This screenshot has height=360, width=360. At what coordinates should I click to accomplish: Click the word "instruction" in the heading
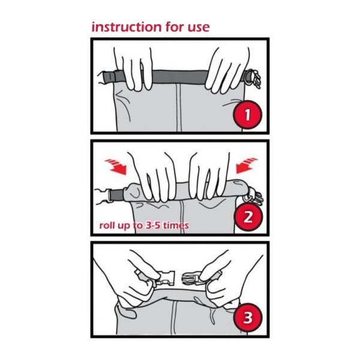pos(126,27)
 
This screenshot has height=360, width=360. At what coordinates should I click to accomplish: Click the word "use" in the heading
pos(199,28)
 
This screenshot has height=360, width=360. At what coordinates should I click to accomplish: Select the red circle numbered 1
pos(247,115)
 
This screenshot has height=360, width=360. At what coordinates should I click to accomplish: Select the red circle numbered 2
pos(248,217)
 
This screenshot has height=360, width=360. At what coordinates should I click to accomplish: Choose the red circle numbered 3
pos(247,317)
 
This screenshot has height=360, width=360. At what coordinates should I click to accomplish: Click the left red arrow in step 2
pos(116,166)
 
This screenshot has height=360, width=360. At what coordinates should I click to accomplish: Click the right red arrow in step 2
pos(247,166)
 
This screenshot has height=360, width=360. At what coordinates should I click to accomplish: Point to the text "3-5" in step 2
pos(154,226)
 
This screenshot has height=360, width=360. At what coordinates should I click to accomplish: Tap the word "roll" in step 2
pos(107,226)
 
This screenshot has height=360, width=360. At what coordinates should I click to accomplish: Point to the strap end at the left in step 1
pos(109,77)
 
